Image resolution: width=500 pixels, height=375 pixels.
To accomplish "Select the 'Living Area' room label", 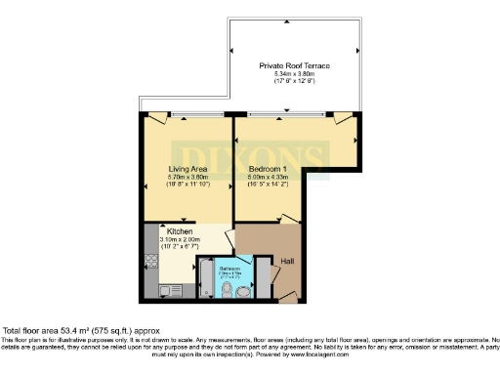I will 184,168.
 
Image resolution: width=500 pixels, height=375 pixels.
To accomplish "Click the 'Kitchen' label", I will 165,231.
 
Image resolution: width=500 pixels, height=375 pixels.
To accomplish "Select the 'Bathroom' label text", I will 229,268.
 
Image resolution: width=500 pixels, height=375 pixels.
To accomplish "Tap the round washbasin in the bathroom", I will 243,290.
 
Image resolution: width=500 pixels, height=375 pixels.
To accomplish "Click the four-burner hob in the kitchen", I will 151,262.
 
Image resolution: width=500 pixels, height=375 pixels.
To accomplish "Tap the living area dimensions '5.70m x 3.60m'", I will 184,177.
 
